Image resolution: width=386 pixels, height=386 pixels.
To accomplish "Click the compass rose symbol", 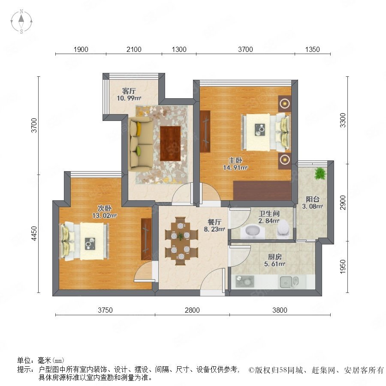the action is [x=21, y=21].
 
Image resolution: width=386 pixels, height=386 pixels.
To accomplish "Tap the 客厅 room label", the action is [x=129, y=91].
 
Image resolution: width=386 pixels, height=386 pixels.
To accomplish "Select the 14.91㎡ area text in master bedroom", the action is [x=235, y=168].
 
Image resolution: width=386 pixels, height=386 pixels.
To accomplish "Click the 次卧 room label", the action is [x=105, y=208].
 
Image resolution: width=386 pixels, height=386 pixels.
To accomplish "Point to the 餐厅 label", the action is [x=214, y=222].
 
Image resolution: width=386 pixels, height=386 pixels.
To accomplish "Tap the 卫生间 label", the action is [x=269, y=214].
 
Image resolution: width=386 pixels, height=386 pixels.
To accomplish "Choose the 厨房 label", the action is [x=275, y=257].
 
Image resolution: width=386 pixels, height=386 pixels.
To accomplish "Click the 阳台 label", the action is [x=313, y=199].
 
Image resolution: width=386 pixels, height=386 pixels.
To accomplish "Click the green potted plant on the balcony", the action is [x=320, y=174].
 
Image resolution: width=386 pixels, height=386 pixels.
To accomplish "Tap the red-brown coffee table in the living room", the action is [x=170, y=144].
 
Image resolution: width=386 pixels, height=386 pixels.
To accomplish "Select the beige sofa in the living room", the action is [x=141, y=144].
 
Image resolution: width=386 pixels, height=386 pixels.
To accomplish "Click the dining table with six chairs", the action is [x=181, y=241].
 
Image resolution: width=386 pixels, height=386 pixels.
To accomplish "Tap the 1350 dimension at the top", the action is [x=312, y=49].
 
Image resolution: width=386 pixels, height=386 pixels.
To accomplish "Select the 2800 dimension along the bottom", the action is [x=192, y=310].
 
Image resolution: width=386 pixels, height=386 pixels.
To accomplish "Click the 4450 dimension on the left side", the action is [x=34, y=233].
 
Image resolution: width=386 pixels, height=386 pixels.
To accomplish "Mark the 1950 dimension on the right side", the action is [x=342, y=267].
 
